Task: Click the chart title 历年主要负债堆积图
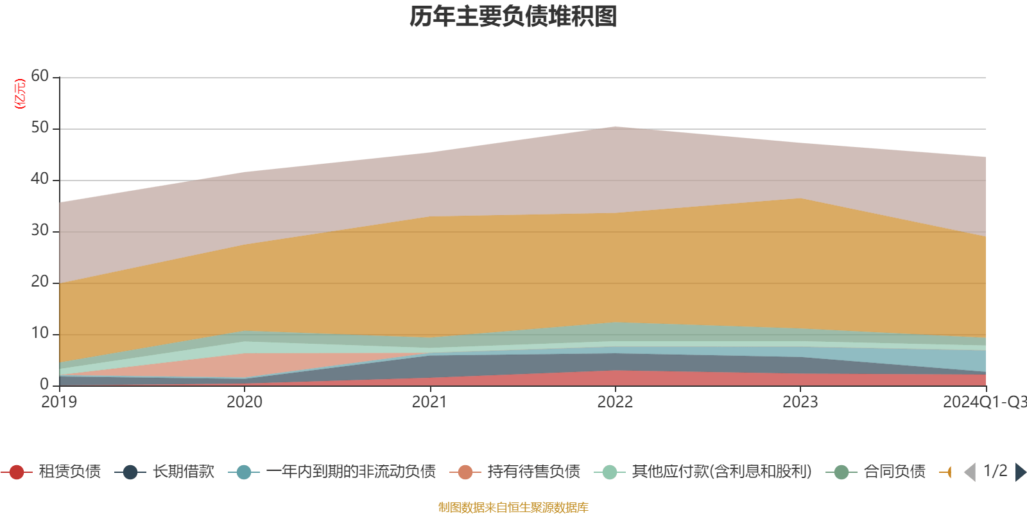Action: tap(513, 17)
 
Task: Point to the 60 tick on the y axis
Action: tap(40, 76)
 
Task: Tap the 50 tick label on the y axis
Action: tap(40, 127)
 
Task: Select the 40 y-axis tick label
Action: tap(40, 179)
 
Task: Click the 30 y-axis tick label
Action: tap(40, 230)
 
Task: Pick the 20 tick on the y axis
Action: tap(40, 281)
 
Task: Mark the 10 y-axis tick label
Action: tap(40, 333)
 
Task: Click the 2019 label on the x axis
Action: tap(59, 402)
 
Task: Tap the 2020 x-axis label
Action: tap(245, 402)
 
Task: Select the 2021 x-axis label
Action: tap(429, 402)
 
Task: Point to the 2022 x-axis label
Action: tap(615, 402)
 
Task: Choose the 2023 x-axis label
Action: tap(800, 402)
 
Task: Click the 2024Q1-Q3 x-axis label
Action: tap(984, 402)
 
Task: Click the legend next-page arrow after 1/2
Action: tap(1021, 472)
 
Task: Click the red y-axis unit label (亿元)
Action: tap(20, 94)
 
